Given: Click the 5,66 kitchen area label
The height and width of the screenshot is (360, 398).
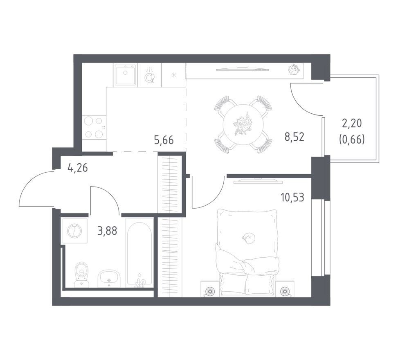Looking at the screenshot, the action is coord(164,140).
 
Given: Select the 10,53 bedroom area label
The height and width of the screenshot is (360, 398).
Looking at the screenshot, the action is coord(292,197).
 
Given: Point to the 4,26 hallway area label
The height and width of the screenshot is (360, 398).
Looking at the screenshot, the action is coord(78,168).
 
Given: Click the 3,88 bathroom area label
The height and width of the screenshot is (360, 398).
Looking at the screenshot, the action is coord(107,231).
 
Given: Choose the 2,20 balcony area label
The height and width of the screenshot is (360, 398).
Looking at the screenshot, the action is coord(352,124).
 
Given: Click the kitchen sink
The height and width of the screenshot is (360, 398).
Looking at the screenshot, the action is coord(125,74).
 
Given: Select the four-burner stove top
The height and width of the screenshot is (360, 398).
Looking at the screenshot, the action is coord(94,127).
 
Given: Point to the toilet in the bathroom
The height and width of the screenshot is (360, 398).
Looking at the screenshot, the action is coord(81,274).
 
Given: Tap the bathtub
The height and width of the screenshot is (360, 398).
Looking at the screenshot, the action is coord(139,255).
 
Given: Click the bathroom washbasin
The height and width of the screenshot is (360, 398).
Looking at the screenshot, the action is coord(109,278).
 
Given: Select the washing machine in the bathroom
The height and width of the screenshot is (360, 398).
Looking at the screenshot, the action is coord(74,231).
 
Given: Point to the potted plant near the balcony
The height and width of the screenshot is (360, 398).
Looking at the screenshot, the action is coord(295,70).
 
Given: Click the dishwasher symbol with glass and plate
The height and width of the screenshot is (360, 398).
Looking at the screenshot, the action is coord(149,75).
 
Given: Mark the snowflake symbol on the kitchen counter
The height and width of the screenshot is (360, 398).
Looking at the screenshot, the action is coord(174,74).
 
